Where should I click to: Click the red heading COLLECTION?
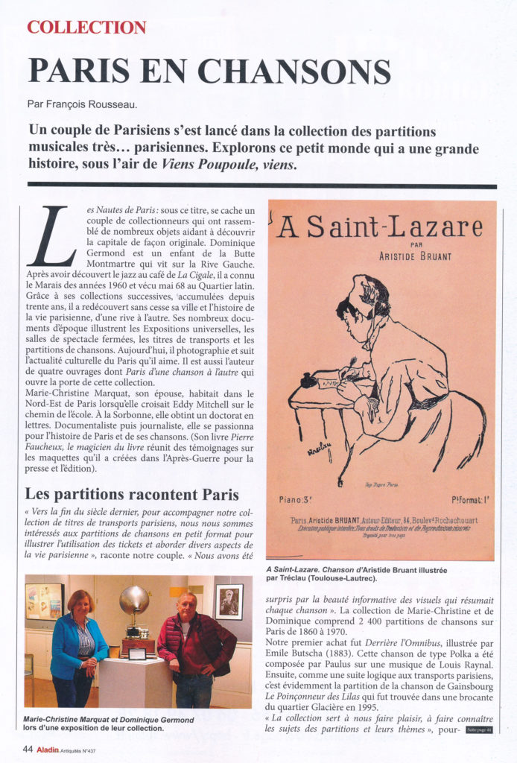coord(86,28)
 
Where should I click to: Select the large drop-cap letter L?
coord(51,236)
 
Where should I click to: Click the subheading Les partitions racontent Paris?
coord(132,494)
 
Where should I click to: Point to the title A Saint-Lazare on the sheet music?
coord(379,227)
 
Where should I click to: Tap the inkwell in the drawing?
coord(305,380)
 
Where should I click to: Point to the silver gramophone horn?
coord(133,601)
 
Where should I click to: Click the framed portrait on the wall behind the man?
coord(228,601)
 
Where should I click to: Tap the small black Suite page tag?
coord(480,729)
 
